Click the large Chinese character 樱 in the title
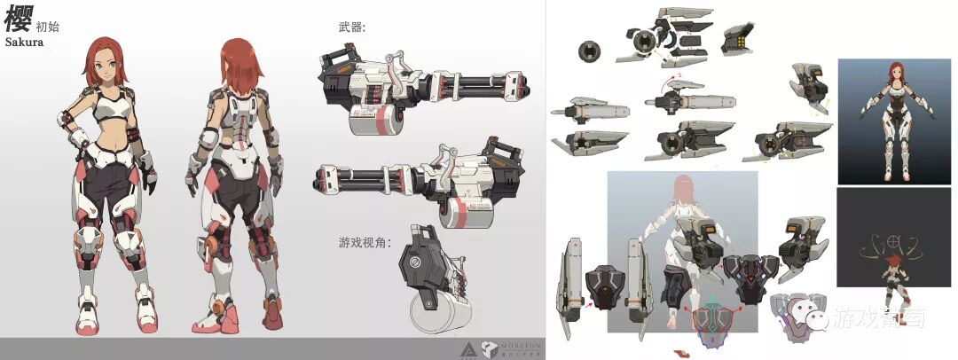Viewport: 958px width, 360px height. click(18, 18)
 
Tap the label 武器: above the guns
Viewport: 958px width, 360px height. click(351, 28)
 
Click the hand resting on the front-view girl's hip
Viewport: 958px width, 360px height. click(72, 137)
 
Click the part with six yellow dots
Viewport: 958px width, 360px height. click(734, 39)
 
